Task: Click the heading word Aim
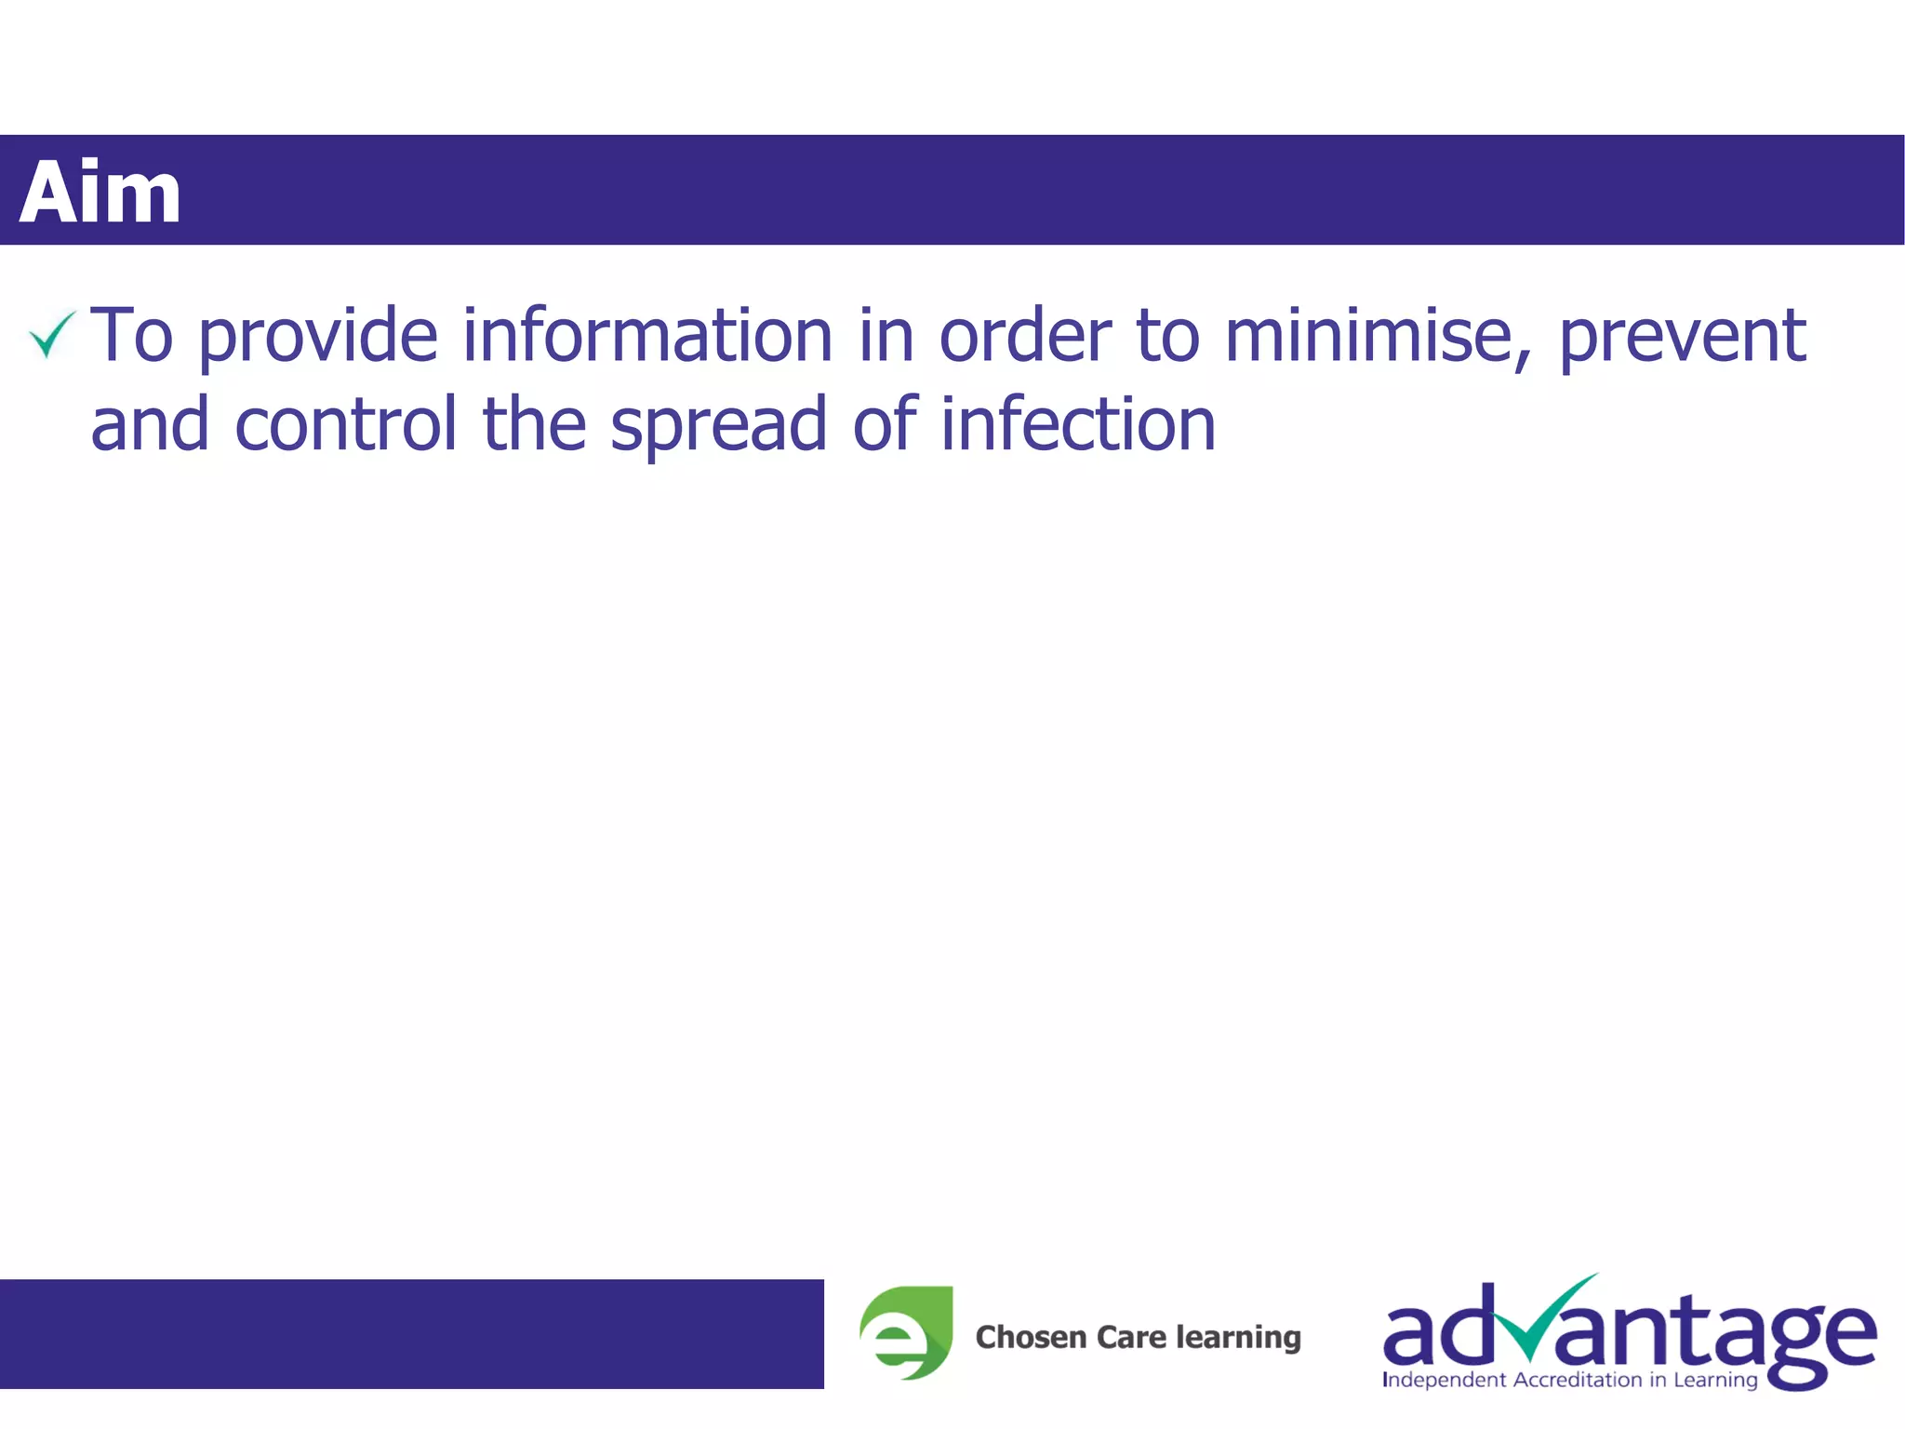pos(100,193)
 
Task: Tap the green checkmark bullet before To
pos(51,334)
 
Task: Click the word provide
pos(317,337)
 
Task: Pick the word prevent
pos(1682,337)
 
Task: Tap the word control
pos(345,424)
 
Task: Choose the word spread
pos(718,426)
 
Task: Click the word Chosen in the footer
pos(1031,1337)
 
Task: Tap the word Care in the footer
pos(1131,1337)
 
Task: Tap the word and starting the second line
pos(150,424)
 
